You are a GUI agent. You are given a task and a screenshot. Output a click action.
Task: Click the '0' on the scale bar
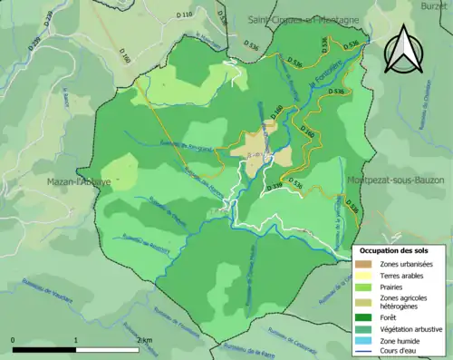click(14, 340)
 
